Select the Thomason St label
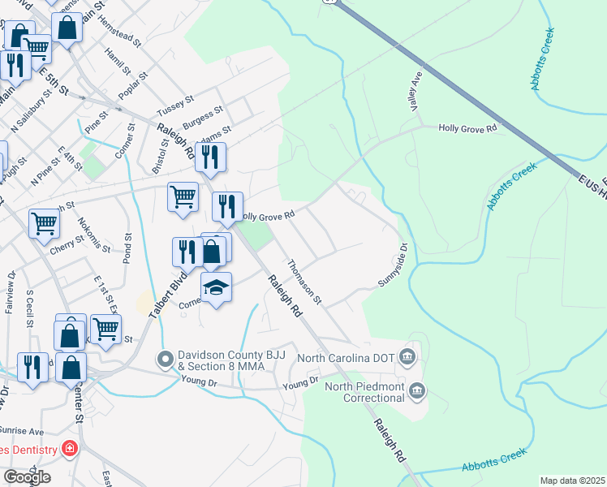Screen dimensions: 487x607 coord(304,282)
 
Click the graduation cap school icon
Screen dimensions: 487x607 coord(216,289)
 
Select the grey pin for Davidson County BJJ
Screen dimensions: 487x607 coord(166,358)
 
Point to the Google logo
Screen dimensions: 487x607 coord(26,477)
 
